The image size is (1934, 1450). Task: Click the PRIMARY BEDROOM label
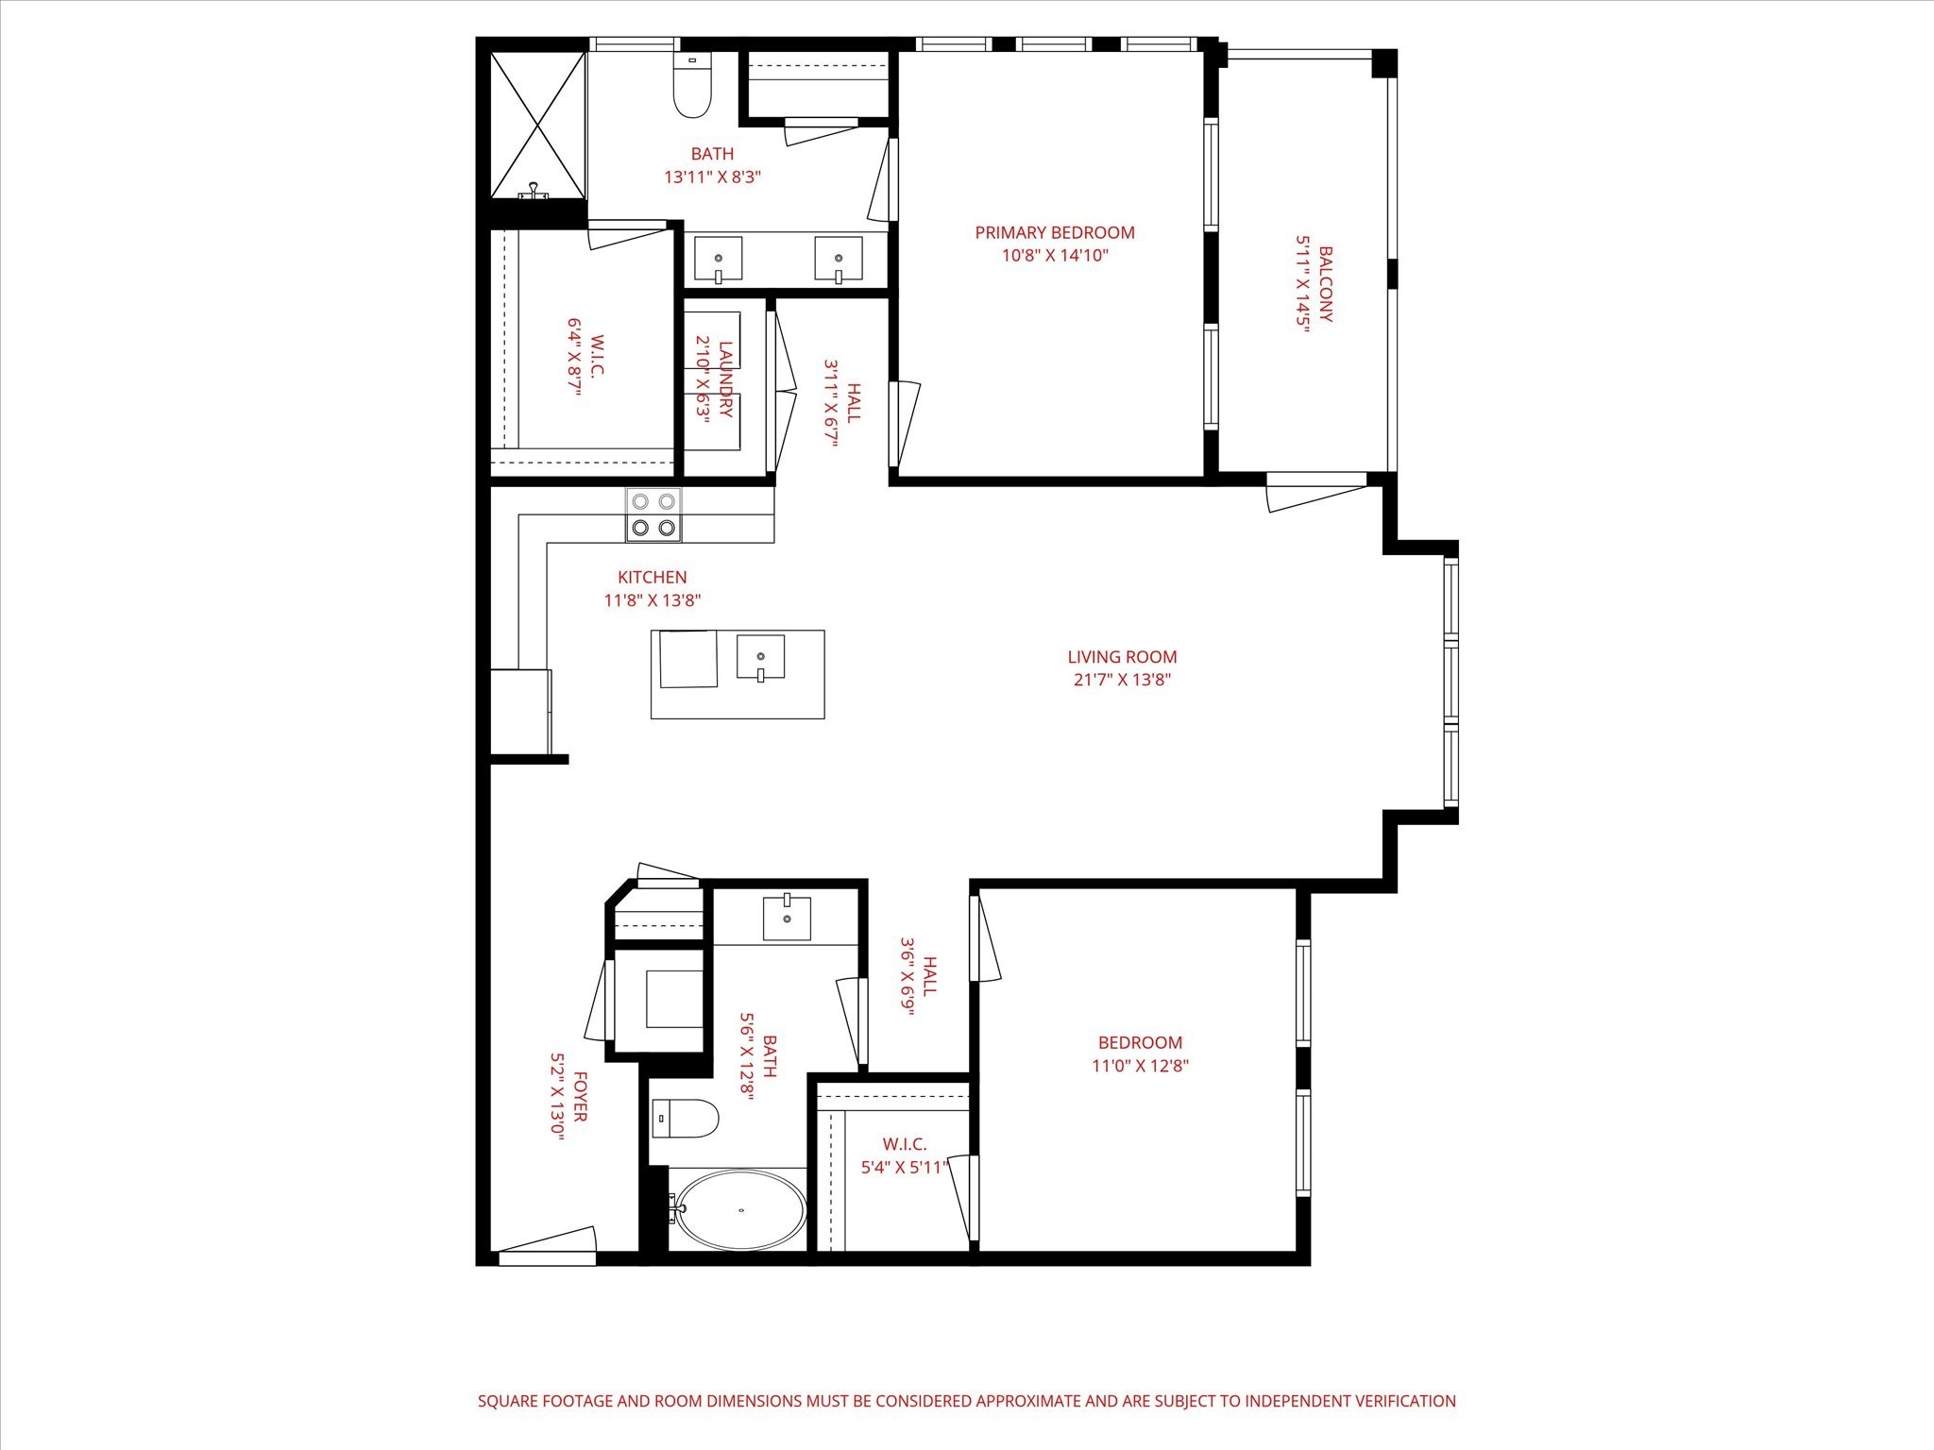click(x=1054, y=232)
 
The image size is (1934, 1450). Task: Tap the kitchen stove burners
click(x=653, y=515)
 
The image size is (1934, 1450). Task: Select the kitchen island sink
click(x=760, y=657)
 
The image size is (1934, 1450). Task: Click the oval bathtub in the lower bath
click(x=740, y=1210)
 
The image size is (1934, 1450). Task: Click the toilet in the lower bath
click(x=684, y=1119)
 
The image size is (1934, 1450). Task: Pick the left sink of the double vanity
click(x=718, y=260)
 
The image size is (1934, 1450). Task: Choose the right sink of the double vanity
click(x=839, y=260)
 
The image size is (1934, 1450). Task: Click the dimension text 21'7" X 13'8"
click(x=1122, y=680)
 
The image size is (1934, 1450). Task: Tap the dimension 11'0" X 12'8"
click(x=1140, y=1066)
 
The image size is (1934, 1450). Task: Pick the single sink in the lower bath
click(x=786, y=919)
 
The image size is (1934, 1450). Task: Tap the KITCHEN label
click(x=652, y=577)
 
